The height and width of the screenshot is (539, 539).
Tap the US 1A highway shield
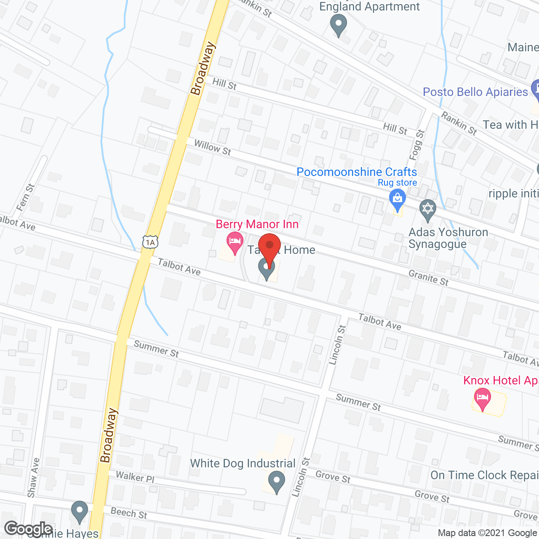pos(150,242)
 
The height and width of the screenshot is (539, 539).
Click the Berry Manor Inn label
pos(257,224)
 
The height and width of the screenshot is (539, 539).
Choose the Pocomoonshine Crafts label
pos(357,172)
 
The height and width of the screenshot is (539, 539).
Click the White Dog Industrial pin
pos(277,481)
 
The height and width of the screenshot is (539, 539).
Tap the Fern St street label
pos(25,197)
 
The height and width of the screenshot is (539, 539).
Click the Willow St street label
pos(213,147)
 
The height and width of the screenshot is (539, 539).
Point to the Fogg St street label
pos(416,145)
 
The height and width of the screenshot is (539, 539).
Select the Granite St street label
pos(429,278)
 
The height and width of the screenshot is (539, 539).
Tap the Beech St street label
pos(129,512)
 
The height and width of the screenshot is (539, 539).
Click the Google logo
pos(29,528)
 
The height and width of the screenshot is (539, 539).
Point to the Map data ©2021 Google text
pos(487,533)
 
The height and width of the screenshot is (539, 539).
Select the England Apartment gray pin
pos(338,24)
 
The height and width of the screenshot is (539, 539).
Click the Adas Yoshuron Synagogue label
pos(448,238)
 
